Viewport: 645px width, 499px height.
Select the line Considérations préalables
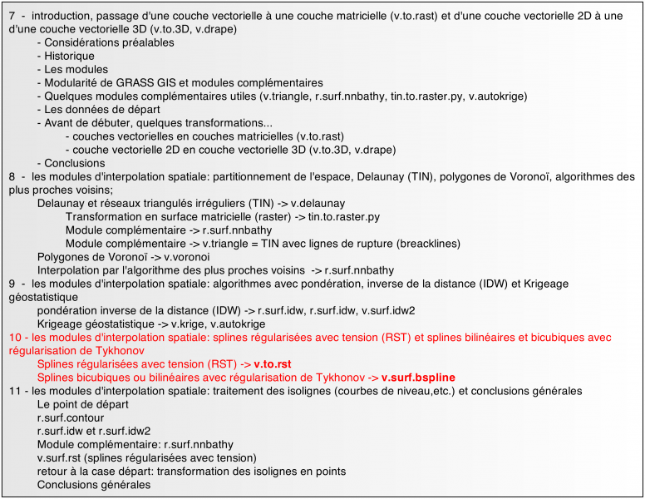[x=109, y=42]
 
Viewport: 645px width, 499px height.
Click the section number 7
[x=12, y=16]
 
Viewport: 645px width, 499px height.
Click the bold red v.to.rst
[x=272, y=364]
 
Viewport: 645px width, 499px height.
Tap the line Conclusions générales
[x=94, y=484]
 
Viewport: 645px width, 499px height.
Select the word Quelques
[x=69, y=96]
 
